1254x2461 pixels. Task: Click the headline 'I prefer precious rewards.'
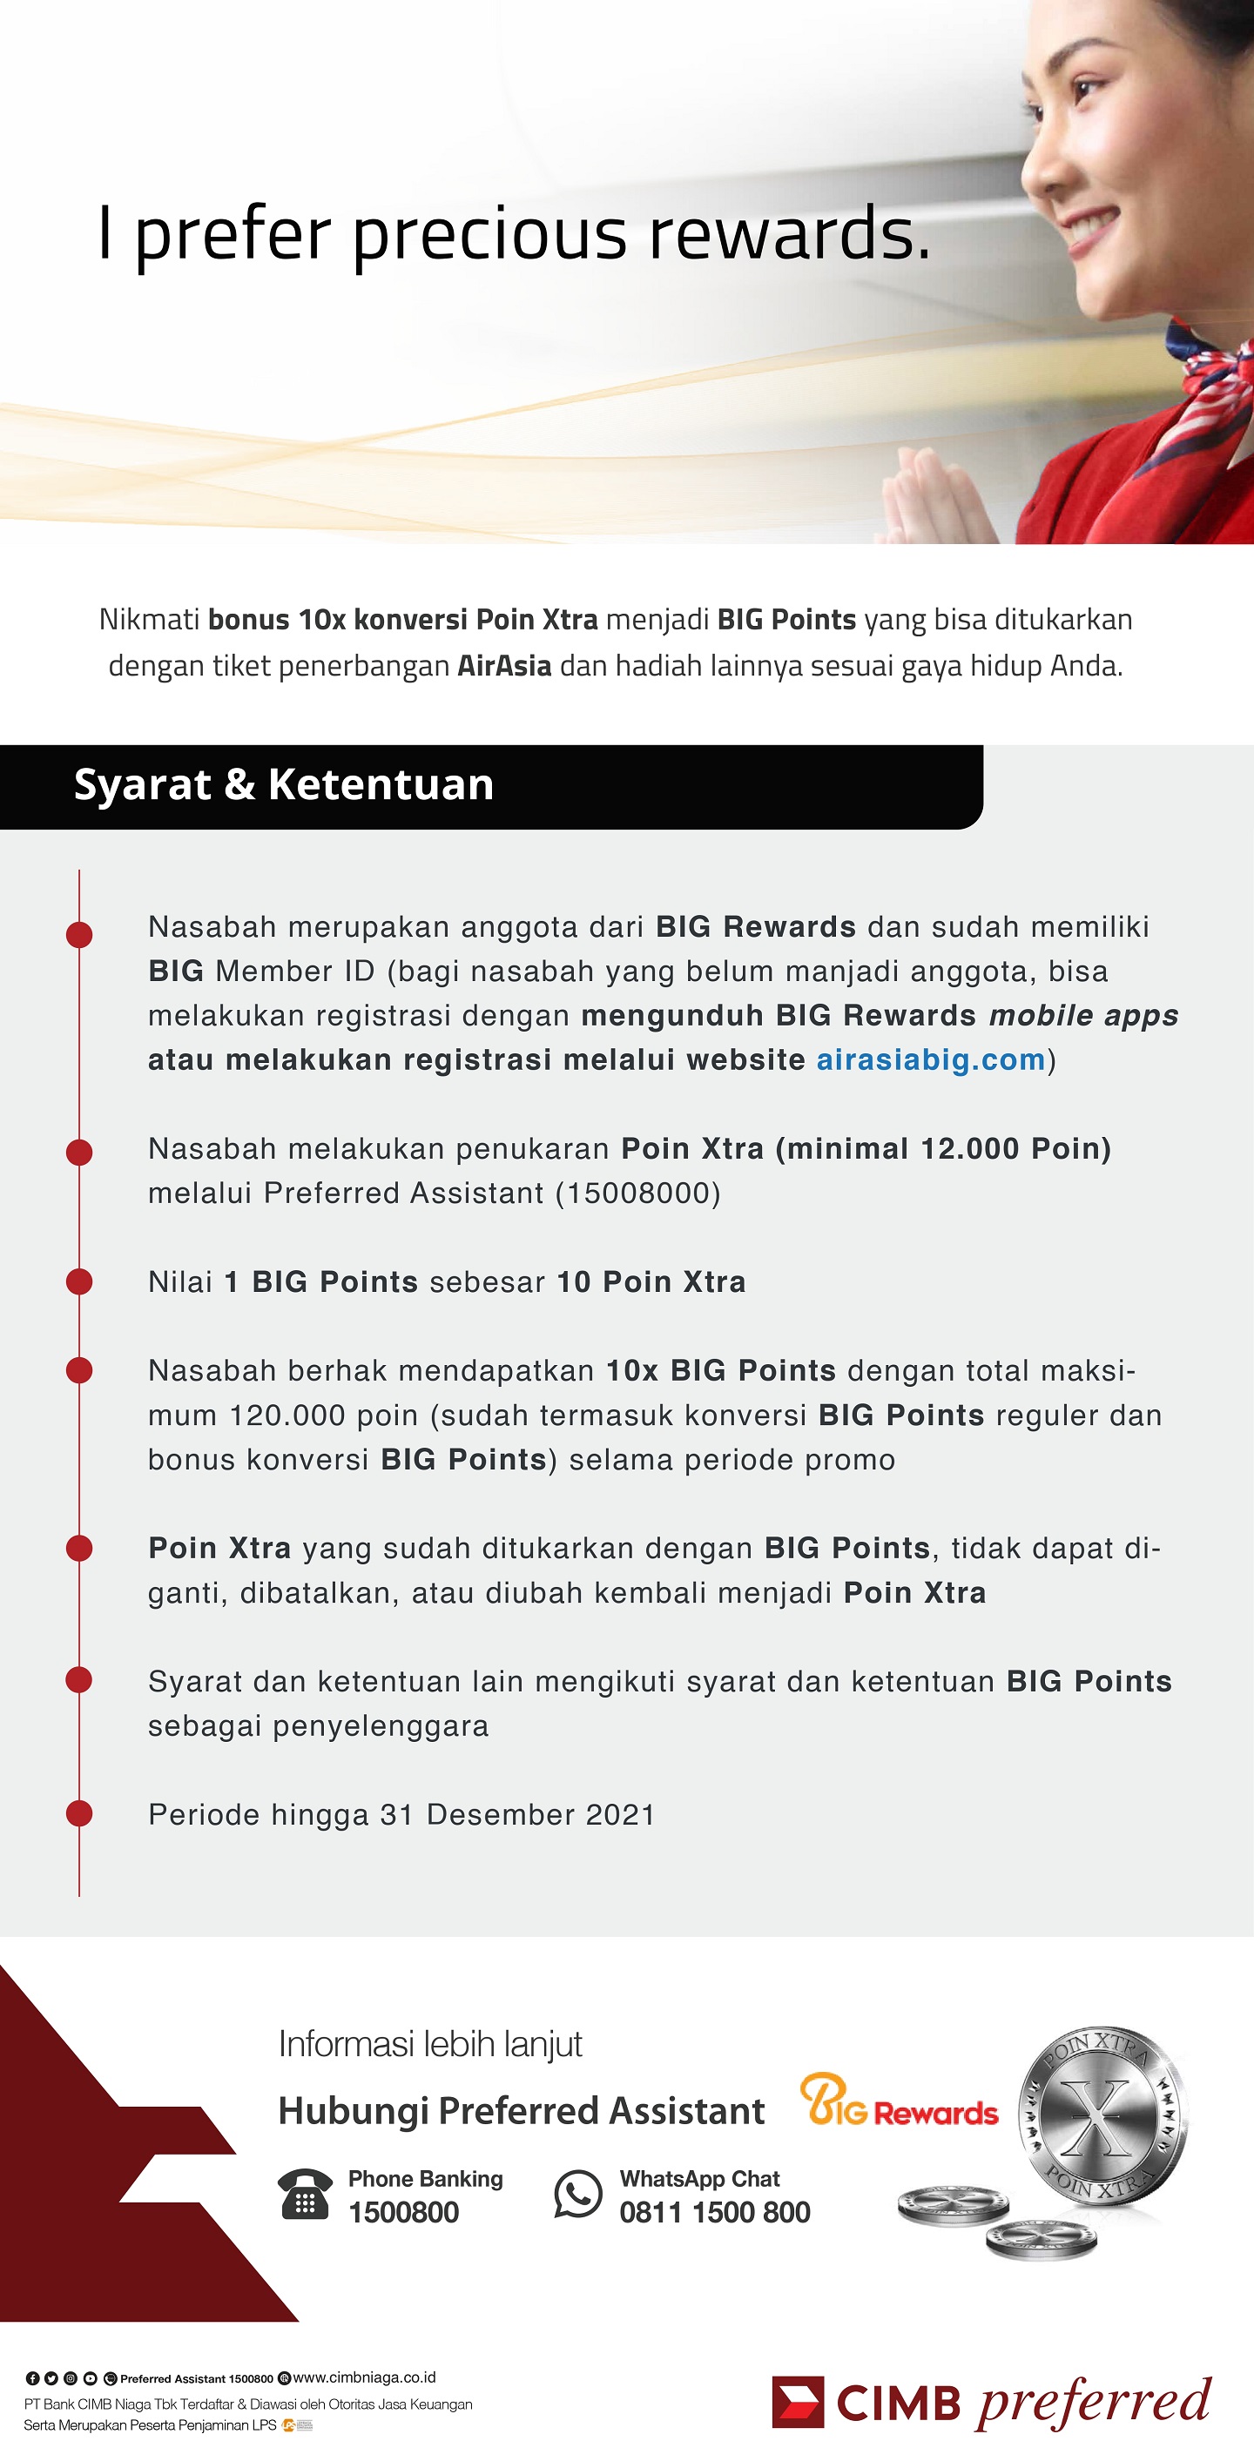[x=514, y=234]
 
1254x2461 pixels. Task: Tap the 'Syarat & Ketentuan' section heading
[x=284, y=784]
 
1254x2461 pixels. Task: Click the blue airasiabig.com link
[x=930, y=1059]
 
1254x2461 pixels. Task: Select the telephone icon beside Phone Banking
[x=305, y=2195]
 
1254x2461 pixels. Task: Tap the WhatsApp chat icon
[x=578, y=2194]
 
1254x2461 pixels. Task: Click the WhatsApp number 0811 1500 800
[x=714, y=2212]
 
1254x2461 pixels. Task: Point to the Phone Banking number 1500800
[x=403, y=2212]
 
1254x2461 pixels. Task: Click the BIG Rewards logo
[x=899, y=2101]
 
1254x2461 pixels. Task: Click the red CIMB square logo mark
[x=797, y=2401]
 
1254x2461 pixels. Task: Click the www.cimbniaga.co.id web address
[x=364, y=2377]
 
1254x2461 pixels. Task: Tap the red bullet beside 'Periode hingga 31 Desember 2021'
[x=79, y=1813]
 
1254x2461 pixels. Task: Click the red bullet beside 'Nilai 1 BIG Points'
[x=79, y=1281]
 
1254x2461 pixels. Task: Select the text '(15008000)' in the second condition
[x=637, y=1194]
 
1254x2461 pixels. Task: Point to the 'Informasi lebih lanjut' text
[x=430, y=2043]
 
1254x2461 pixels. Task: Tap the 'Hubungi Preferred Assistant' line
[x=521, y=2110]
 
